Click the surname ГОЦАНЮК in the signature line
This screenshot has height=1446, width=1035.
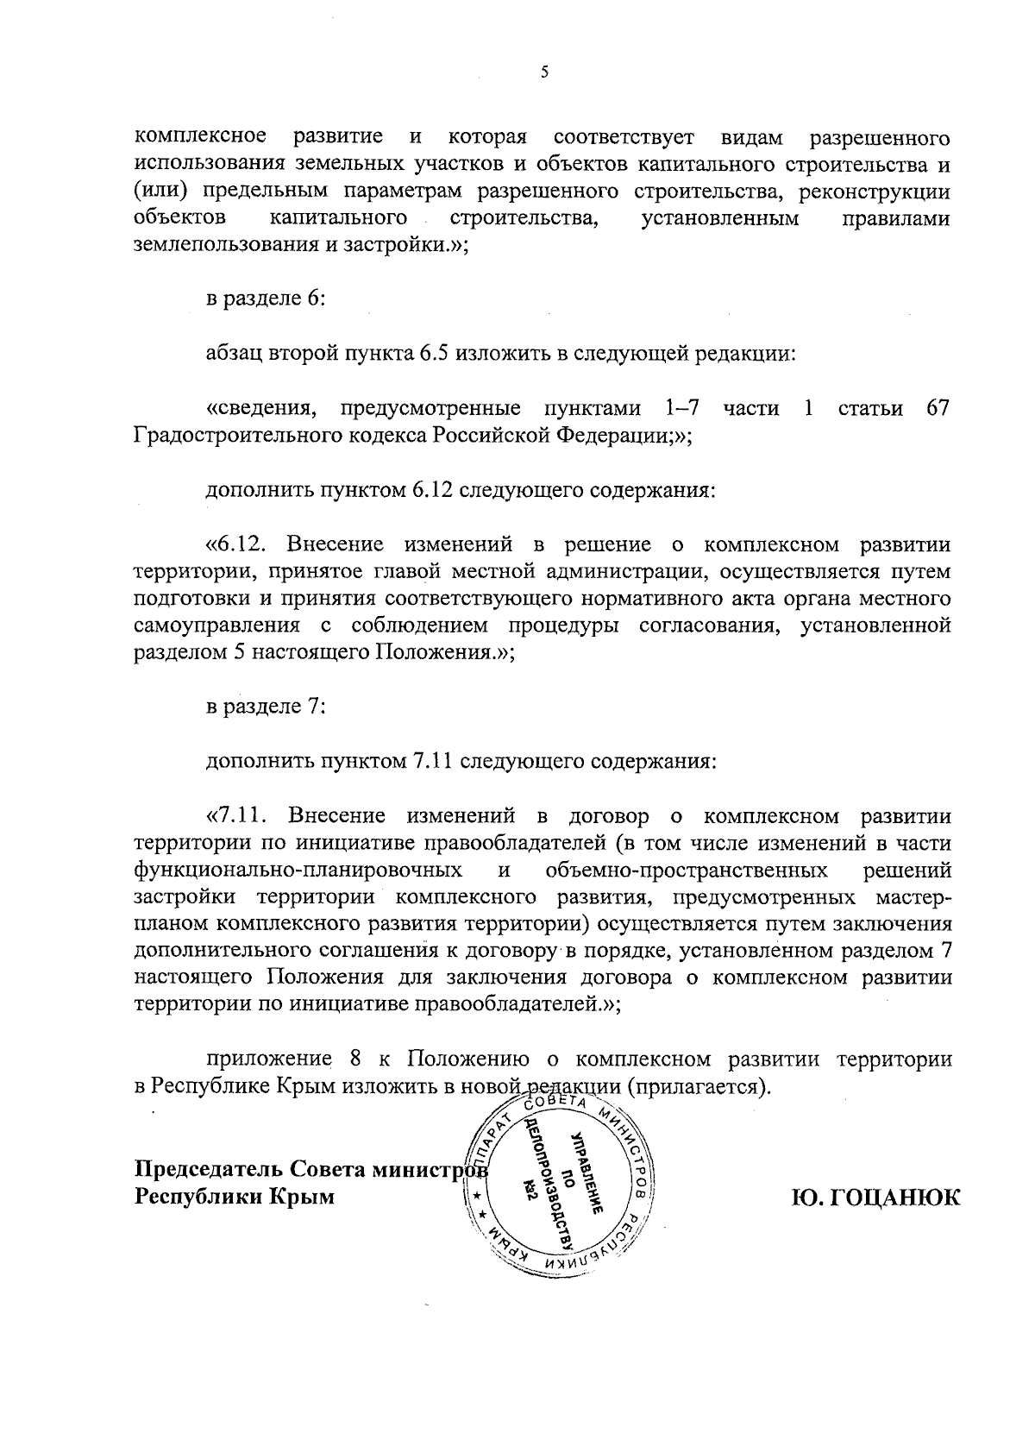pos(875,1198)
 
